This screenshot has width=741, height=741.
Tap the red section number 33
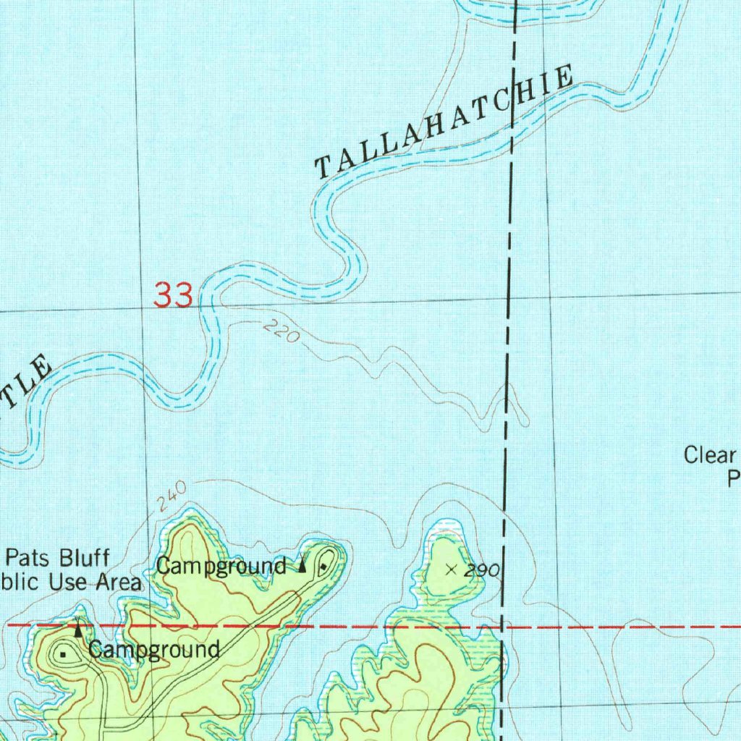coord(174,295)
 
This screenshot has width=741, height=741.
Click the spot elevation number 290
coord(482,571)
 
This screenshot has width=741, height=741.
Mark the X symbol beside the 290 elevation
coord(452,569)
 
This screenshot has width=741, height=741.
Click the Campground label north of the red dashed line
coord(221,566)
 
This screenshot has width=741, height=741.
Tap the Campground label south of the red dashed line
coord(154,649)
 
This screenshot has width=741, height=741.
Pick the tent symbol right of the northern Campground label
coord(302,564)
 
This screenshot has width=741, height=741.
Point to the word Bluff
coord(85,559)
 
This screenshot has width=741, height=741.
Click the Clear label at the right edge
coord(710,456)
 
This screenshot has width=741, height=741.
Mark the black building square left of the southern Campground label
coord(64,654)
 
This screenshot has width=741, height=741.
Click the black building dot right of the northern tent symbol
coord(323,564)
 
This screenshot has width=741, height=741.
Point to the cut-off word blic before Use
coord(20,581)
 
